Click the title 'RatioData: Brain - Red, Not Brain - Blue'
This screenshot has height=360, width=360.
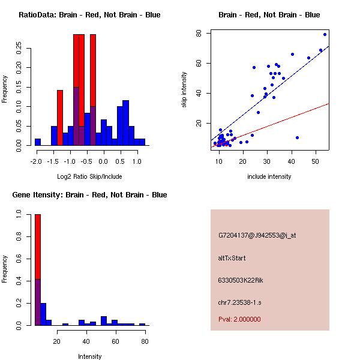[89, 15]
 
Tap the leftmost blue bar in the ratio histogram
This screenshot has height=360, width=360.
[38, 142]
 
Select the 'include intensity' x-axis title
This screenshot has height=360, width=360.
[269, 177]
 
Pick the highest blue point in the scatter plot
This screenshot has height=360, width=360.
[325, 34]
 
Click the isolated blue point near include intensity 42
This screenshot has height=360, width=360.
[297, 137]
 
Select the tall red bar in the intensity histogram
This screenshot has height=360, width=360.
[38, 246]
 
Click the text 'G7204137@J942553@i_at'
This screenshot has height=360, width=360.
[257, 236]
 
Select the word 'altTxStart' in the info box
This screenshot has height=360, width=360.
[232, 259]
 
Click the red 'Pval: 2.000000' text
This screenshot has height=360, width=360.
[239, 319]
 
